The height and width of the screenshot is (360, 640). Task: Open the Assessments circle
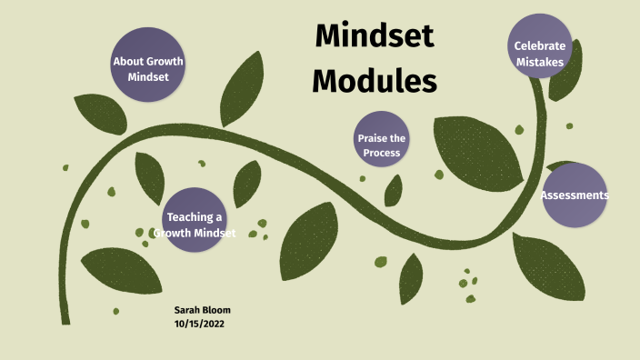click(x=575, y=195)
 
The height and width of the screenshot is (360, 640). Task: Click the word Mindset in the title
click(x=375, y=37)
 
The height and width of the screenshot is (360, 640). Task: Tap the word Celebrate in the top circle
click(x=540, y=45)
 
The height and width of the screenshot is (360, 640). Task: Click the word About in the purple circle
click(x=127, y=62)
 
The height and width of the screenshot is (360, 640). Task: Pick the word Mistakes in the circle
click(x=540, y=63)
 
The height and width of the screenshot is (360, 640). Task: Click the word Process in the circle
click(x=382, y=153)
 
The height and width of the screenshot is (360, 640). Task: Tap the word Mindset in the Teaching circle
click(x=211, y=234)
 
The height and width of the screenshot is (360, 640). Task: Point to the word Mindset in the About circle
click(x=147, y=78)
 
